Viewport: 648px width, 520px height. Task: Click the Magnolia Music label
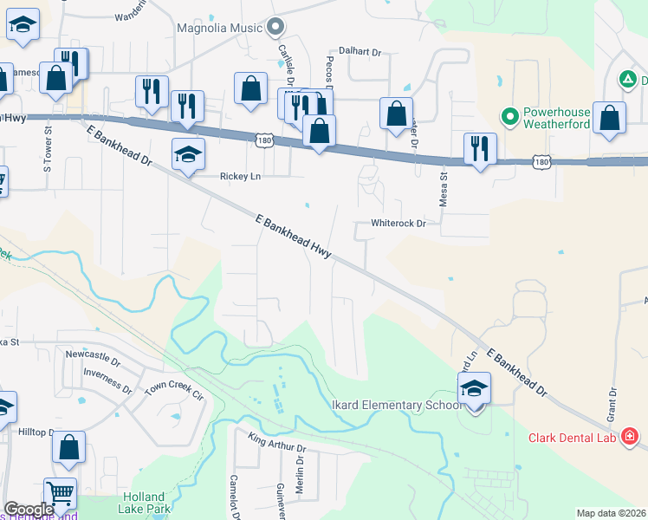point(218,28)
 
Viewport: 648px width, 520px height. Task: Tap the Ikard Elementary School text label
point(399,405)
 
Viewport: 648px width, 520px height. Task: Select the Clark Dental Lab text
point(572,438)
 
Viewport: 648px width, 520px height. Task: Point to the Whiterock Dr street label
point(399,223)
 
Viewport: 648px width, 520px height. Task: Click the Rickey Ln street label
point(240,175)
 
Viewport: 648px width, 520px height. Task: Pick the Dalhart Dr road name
point(360,52)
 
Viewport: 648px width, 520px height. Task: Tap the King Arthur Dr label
point(277,442)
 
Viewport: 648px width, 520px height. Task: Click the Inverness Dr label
point(107,379)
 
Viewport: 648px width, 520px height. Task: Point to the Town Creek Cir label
point(173,388)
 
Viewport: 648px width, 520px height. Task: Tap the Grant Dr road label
point(612,404)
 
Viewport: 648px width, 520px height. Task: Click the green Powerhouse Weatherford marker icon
point(510,114)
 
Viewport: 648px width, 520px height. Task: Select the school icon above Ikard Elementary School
point(474,387)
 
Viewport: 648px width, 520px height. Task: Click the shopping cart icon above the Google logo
point(60,493)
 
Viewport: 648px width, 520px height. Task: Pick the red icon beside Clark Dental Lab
point(630,437)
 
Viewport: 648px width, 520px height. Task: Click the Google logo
point(29,510)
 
